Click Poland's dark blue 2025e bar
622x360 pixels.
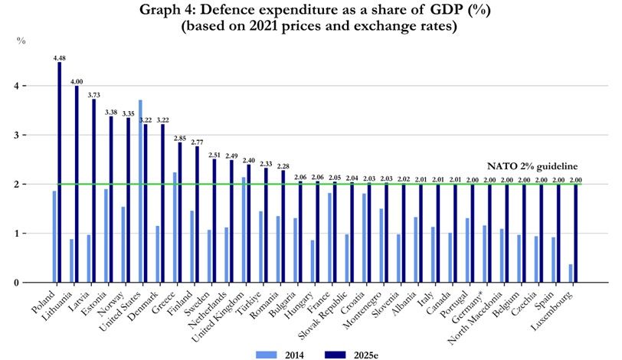point(60,172)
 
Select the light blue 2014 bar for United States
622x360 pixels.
point(140,191)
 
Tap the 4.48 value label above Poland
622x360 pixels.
point(60,58)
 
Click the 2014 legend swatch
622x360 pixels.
point(266,355)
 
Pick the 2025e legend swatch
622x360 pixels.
point(336,355)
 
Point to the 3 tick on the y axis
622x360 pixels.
point(15,136)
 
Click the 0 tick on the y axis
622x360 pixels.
point(15,283)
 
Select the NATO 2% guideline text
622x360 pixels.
point(532,166)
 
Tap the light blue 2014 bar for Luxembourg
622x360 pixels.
point(571,273)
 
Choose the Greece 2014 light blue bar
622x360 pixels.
point(175,227)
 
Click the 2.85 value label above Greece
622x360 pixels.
point(180,139)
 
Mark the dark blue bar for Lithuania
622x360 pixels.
point(77,185)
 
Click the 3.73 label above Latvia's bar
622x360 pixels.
point(94,95)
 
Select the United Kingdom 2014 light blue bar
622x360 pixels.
point(244,230)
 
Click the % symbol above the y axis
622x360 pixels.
point(21,41)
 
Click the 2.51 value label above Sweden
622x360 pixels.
point(214,155)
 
